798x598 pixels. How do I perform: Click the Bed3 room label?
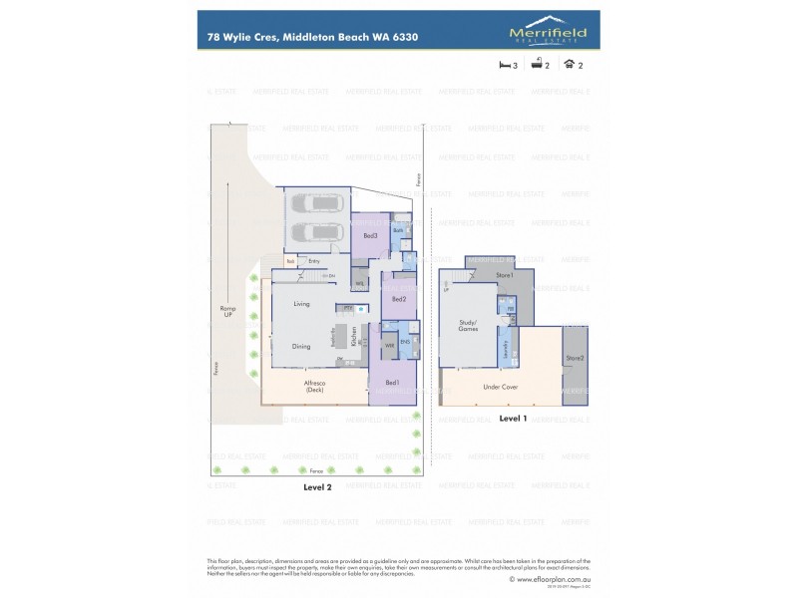369,235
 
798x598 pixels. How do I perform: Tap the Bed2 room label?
398,299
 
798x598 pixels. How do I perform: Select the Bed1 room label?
391,383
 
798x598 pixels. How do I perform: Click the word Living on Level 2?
302,304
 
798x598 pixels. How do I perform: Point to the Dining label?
301,347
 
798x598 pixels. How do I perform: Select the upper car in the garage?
315,205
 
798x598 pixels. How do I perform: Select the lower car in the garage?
315,235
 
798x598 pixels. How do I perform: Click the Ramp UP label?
227,312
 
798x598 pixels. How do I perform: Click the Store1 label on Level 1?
505,275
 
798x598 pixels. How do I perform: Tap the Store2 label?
575,358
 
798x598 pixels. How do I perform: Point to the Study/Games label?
468,324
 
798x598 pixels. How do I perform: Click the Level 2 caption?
318,487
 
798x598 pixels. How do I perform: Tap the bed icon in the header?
504,65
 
